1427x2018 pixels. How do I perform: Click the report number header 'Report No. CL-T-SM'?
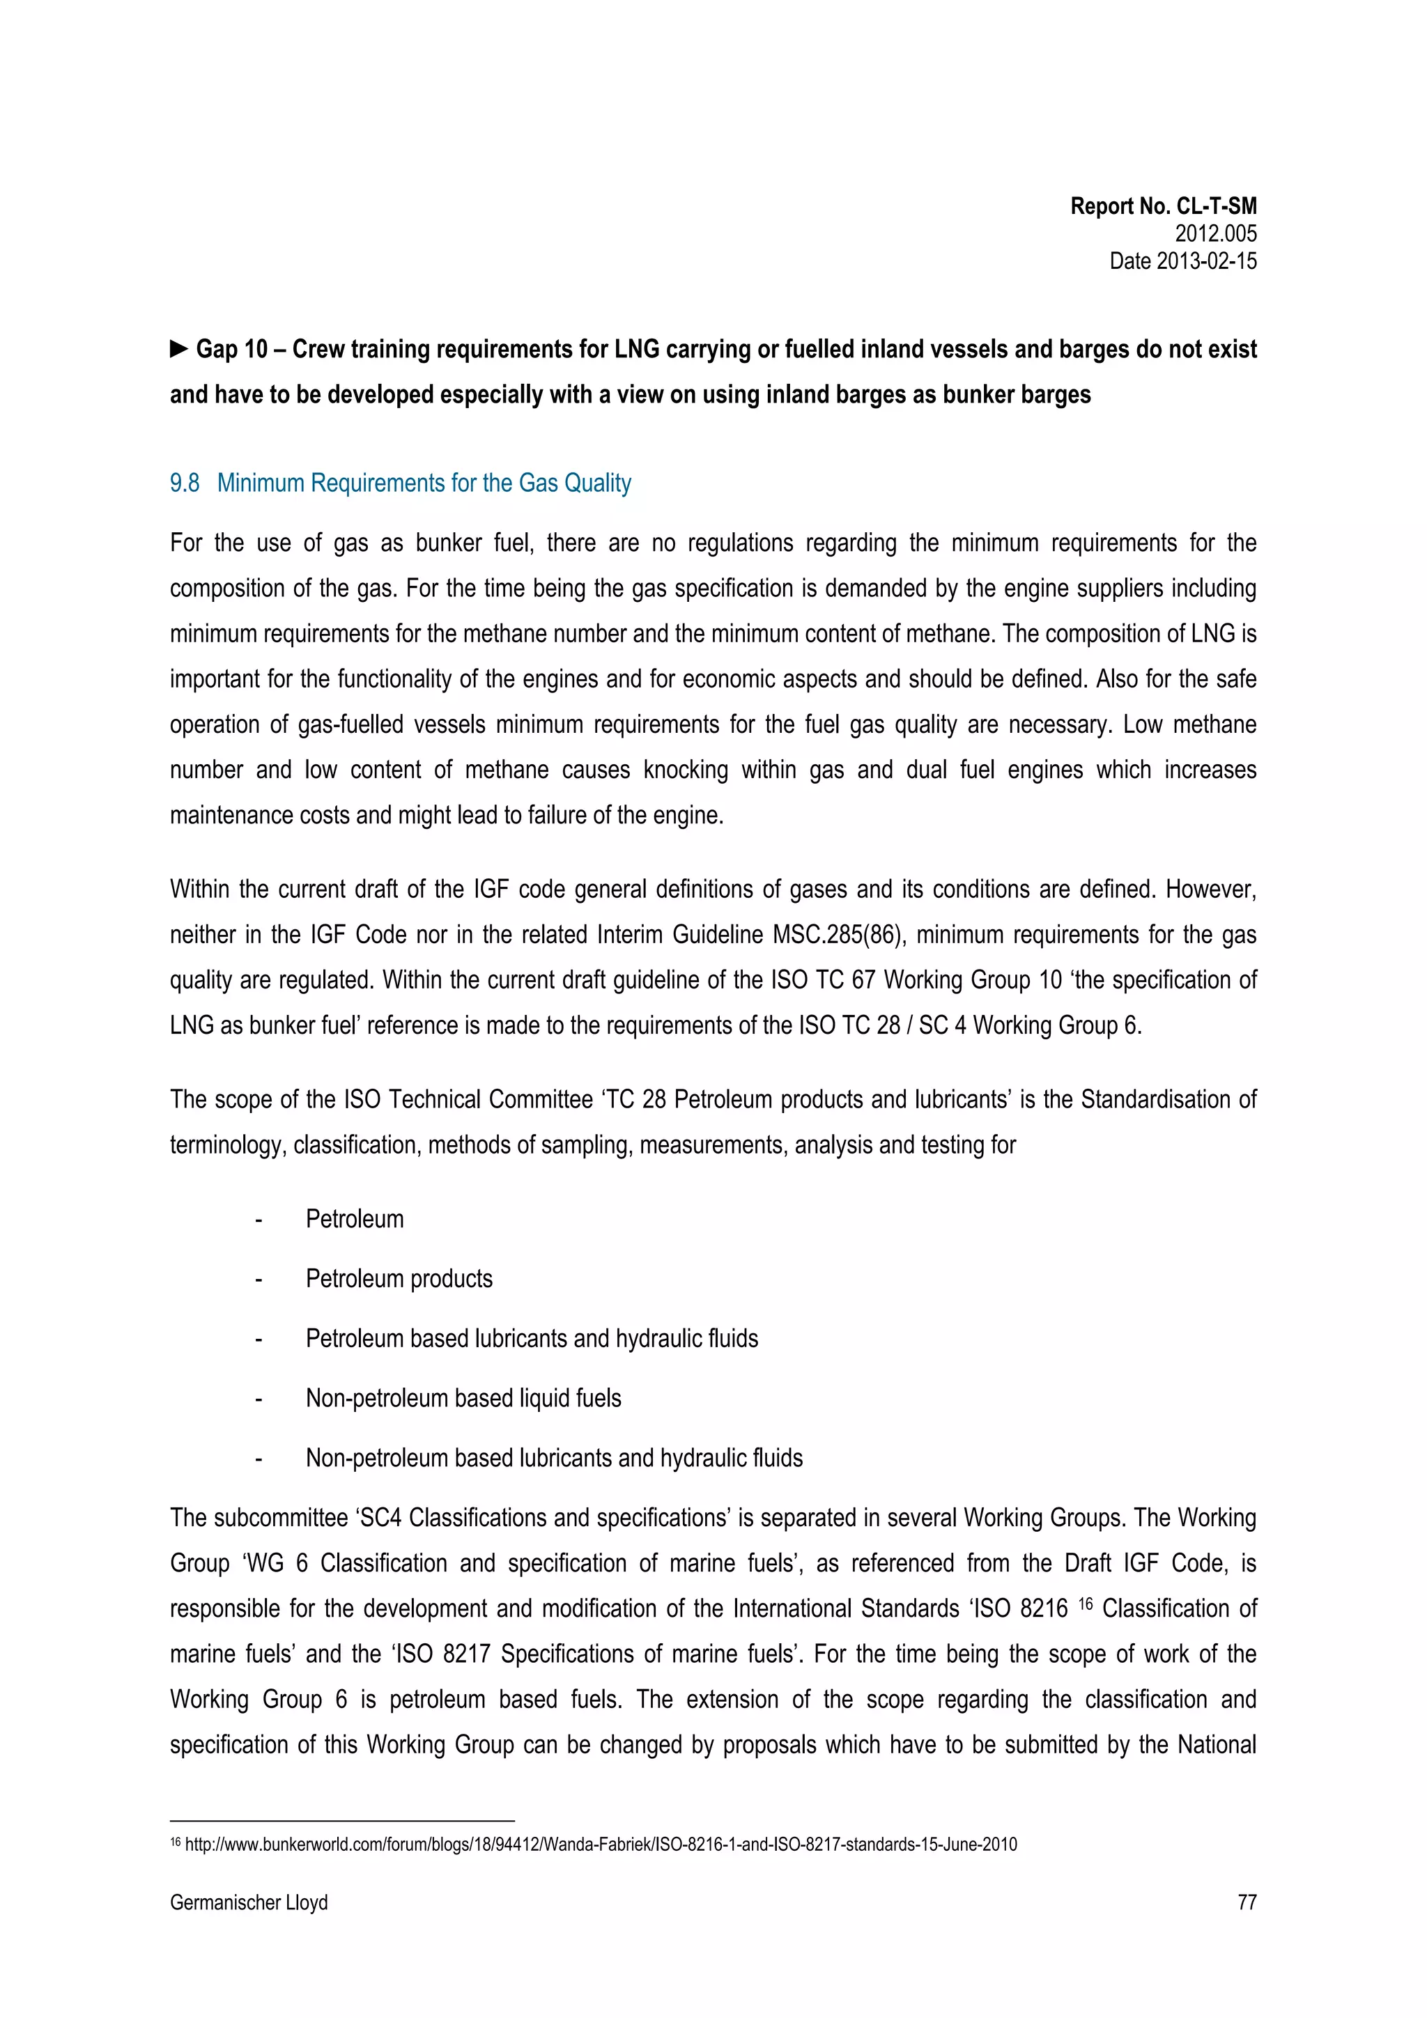(x=1162, y=207)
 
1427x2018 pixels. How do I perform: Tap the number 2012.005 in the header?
(x=1215, y=234)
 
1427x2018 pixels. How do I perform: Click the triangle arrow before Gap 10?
(x=179, y=349)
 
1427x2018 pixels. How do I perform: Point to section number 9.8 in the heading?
(x=185, y=483)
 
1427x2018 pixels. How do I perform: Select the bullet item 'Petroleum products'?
(x=399, y=1279)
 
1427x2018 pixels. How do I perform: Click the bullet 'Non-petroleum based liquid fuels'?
(x=463, y=1398)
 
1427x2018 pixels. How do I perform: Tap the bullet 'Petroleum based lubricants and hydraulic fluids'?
(x=531, y=1339)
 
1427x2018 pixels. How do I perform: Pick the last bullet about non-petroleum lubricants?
(x=554, y=1458)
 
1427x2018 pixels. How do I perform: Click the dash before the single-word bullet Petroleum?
(x=259, y=1220)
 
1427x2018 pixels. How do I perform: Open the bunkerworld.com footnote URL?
(x=601, y=1845)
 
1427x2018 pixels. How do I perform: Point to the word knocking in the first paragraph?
(x=685, y=770)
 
